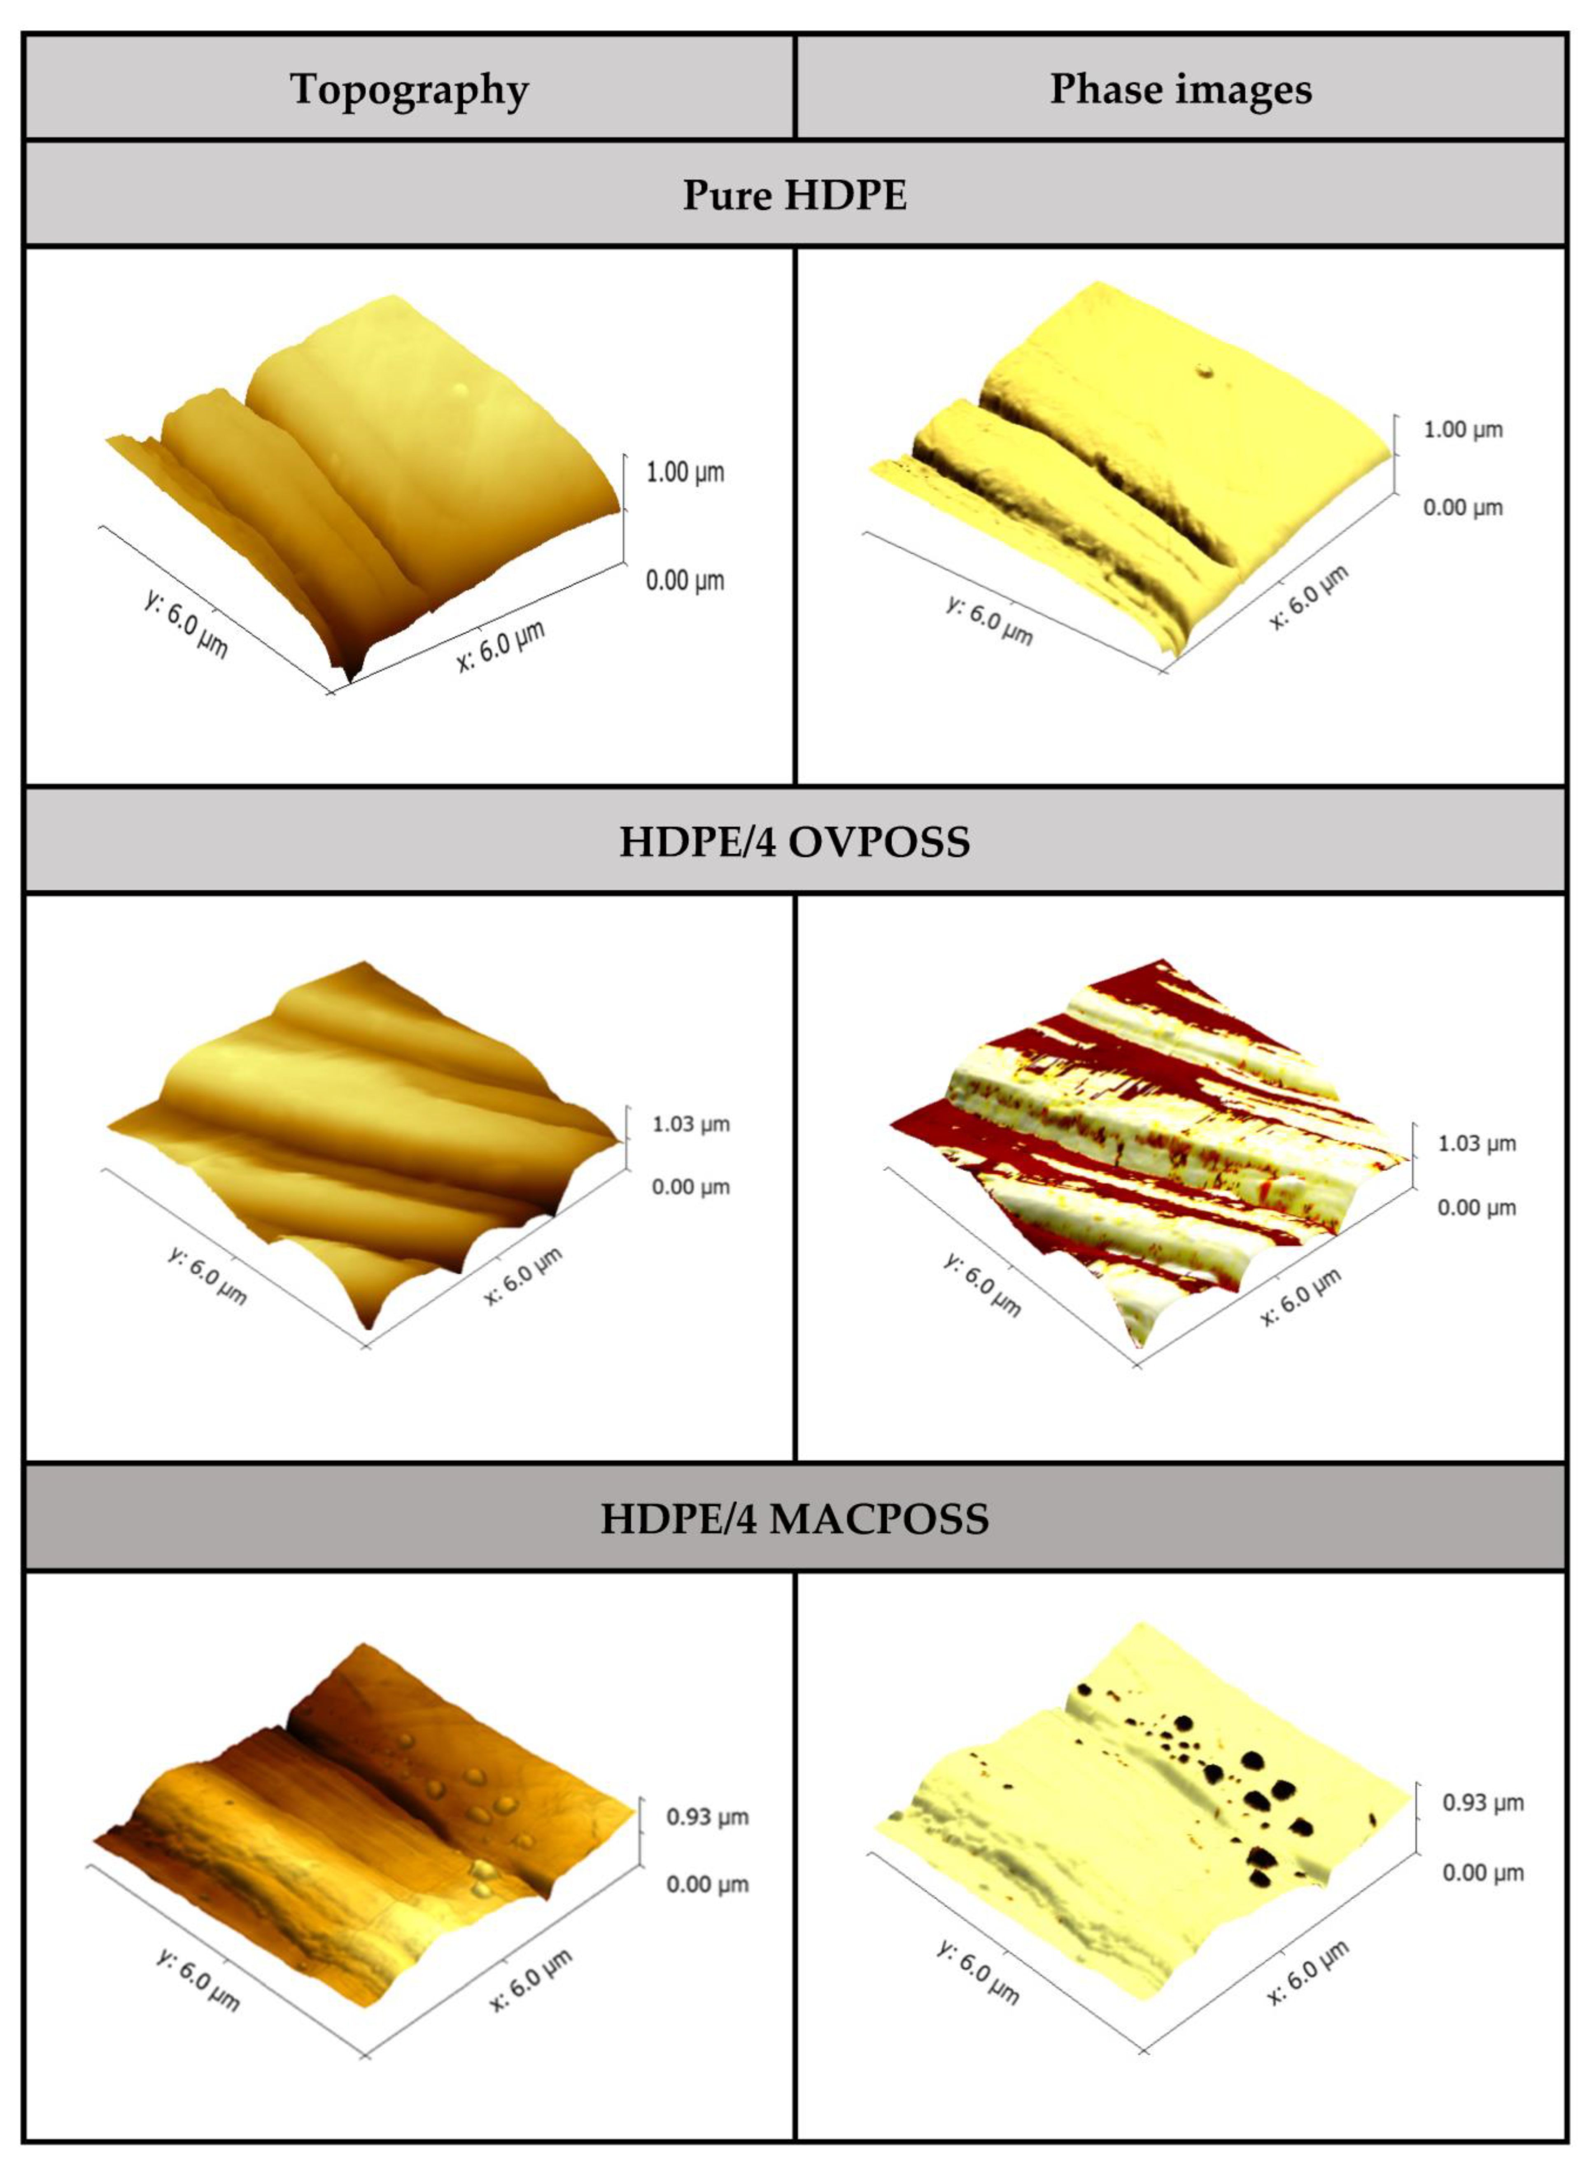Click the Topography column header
point(409,89)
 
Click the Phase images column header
point(1181,89)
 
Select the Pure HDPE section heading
point(795,195)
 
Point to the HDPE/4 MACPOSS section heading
point(795,1518)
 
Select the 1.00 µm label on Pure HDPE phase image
point(1462,429)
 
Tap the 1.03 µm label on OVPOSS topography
point(691,1124)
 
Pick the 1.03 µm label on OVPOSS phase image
point(1477,1144)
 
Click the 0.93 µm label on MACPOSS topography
point(707,1817)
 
